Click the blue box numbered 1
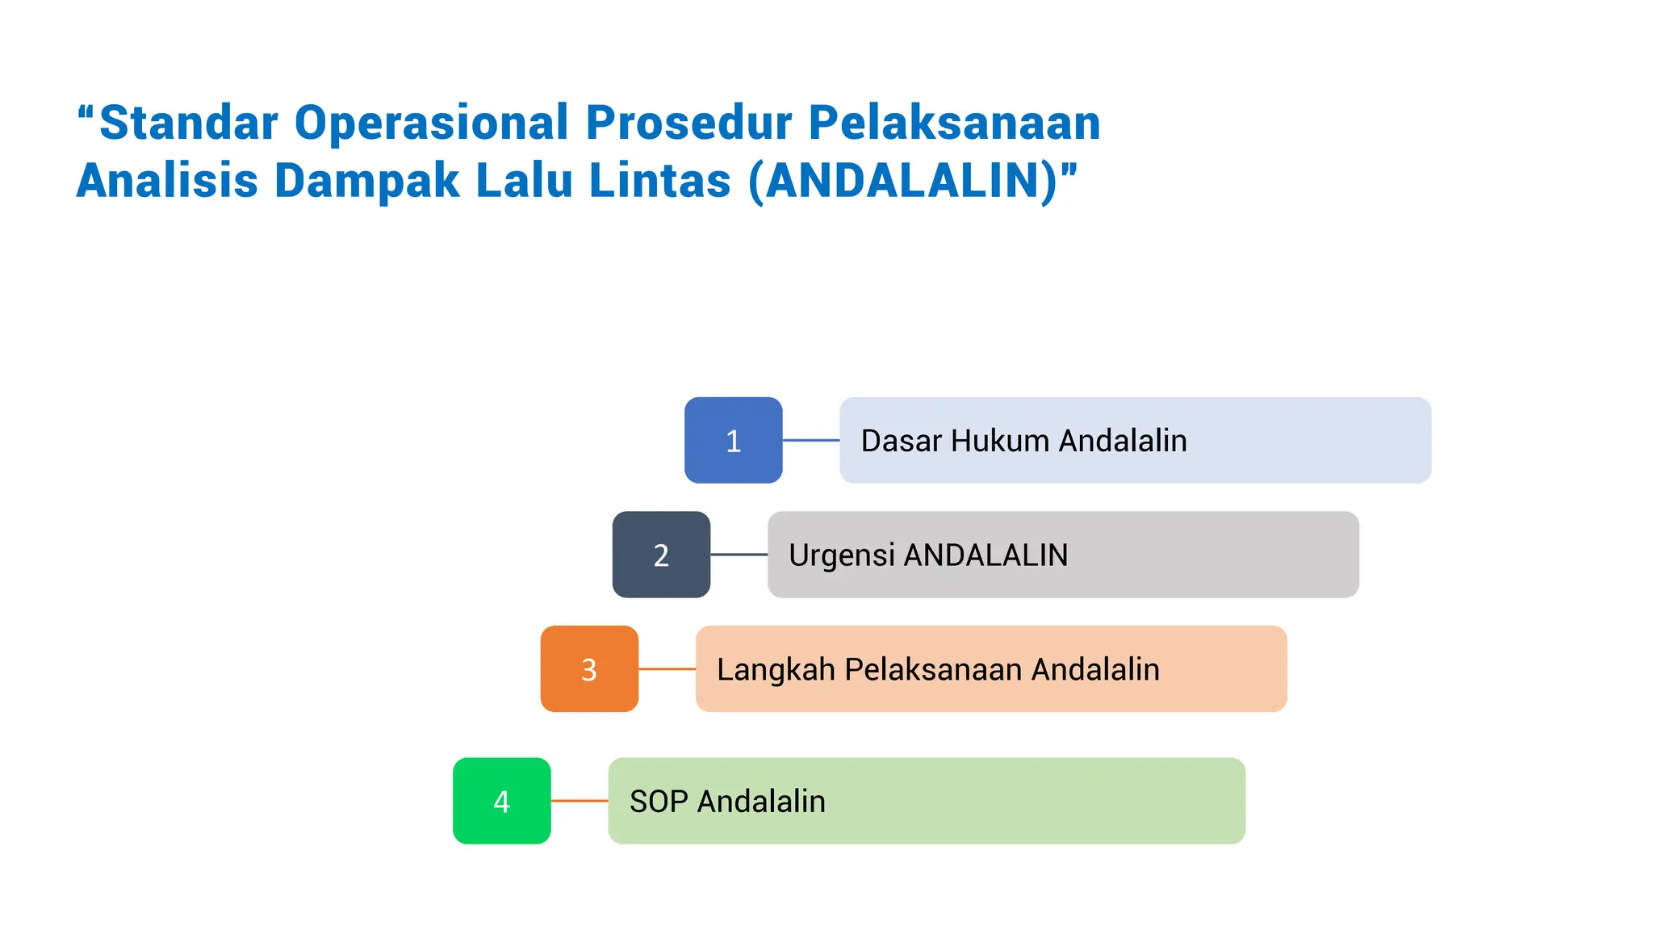[733, 440]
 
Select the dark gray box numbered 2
[661, 555]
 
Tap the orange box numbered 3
[589, 668]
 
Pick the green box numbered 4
[501, 801]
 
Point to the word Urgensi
[842, 556]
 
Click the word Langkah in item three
[776, 670]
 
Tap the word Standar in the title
[188, 123]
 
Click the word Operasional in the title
[431, 123]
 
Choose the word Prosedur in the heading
[688, 123]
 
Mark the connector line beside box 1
[810, 440]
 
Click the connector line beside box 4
[579, 801]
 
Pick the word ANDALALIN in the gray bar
[986, 555]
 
